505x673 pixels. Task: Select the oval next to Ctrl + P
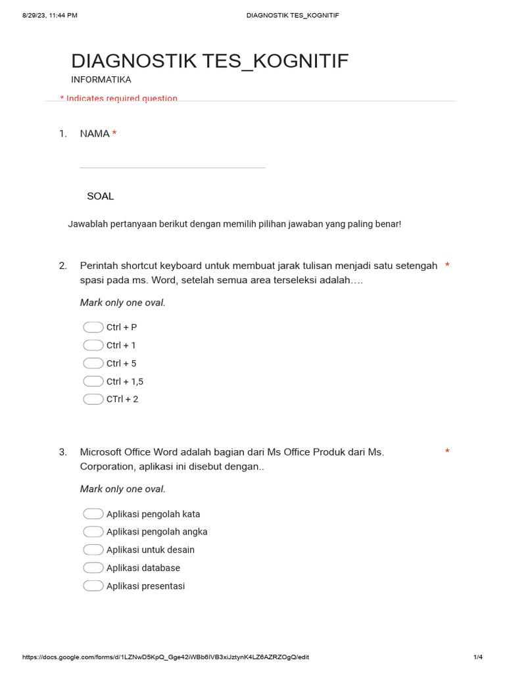(93, 327)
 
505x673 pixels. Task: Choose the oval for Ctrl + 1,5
(93, 381)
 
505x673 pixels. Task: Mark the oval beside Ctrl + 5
(93, 363)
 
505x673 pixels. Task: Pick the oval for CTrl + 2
(93, 399)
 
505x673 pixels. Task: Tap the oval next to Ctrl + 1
(93, 345)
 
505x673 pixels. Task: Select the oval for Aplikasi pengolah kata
(93, 514)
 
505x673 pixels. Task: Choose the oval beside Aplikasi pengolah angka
(93, 532)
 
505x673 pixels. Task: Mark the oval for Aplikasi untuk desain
(93, 549)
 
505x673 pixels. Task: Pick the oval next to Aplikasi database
(93, 568)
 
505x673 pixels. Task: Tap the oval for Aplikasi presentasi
(93, 586)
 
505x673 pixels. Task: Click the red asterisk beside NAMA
(114, 134)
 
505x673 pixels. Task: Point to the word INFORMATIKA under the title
(101, 80)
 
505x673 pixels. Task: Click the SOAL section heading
(101, 196)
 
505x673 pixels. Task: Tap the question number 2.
(63, 266)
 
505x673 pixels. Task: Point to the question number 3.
(63, 452)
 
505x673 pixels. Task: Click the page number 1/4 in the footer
(478, 657)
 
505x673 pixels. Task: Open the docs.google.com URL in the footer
(166, 657)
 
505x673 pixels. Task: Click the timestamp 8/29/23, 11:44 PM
(50, 15)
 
